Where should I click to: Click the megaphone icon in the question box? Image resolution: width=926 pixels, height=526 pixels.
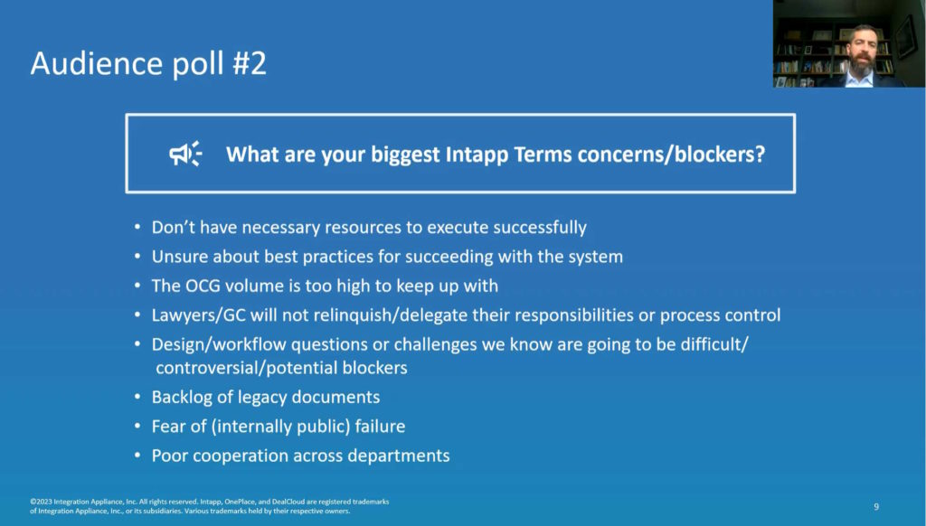[x=185, y=154]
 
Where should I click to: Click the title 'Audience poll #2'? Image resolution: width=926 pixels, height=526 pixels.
[x=148, y=64]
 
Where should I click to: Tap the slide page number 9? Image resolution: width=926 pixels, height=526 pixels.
[x=876, y=506]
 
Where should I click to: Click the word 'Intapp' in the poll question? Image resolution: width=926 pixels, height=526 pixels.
[x=477, y=155]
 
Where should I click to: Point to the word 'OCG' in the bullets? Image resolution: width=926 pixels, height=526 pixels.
[x=204, y=286]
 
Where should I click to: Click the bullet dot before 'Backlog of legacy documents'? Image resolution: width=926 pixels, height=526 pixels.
[x=137, y=397]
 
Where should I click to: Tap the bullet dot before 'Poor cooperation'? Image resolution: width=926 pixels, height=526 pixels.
[x=137, y=456]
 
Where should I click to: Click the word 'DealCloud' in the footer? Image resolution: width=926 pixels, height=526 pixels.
[x=288, y=502]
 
